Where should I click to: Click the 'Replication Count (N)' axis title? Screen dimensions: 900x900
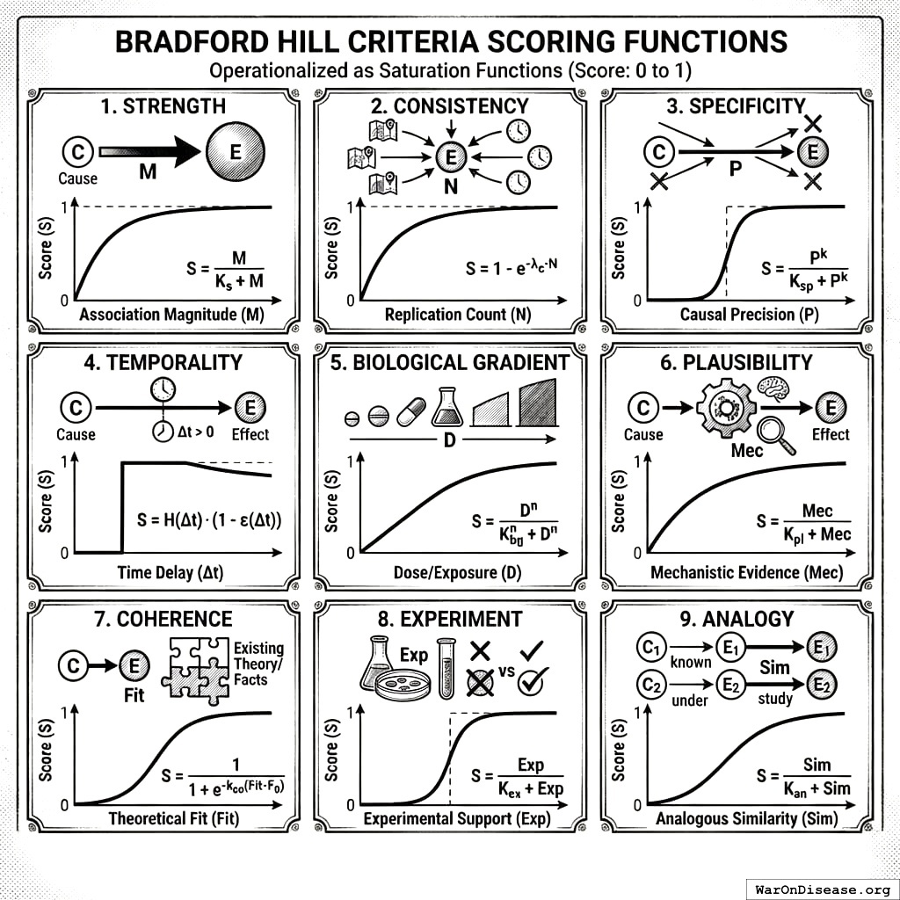tap(448, 315)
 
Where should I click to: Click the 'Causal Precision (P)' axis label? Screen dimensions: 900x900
tap(737, 315)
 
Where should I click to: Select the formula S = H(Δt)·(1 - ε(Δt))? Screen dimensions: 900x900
tap(214, 520)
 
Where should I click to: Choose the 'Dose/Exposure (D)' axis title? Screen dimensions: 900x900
tap(448, 573)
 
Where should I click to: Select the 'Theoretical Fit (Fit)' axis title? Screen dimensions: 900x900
tap(173, 819)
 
